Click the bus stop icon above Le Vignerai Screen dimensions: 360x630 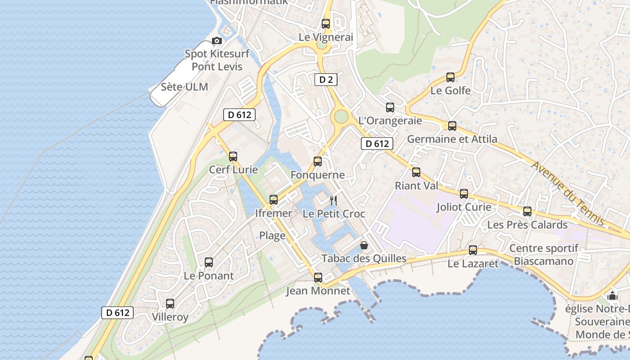326,24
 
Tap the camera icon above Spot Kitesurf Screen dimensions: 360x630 217,40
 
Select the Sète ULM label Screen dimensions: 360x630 184,87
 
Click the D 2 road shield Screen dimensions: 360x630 325,80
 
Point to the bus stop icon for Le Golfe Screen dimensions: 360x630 450,77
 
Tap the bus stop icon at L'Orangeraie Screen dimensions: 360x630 390,108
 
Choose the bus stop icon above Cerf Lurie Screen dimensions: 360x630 233,157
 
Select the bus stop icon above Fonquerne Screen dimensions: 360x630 318,162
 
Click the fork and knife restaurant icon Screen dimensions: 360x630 333,200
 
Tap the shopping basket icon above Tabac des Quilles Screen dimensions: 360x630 364,245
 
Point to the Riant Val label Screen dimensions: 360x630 416,185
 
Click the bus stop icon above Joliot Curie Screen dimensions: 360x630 464,194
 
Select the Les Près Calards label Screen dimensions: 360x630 527,225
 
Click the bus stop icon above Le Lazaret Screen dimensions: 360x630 473,250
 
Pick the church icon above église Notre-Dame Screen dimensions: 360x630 612,296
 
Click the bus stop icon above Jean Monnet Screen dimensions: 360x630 318,278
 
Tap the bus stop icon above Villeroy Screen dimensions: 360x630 170,304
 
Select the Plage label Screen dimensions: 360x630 272,235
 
